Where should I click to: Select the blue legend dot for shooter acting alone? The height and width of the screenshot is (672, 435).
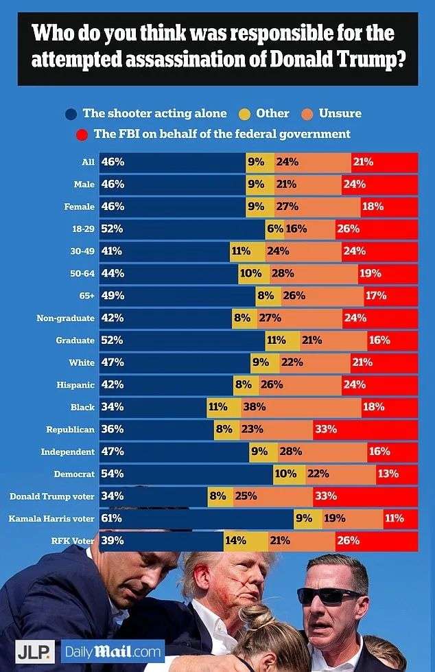click(x=71, y=114)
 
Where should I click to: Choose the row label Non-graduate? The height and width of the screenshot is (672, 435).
click(x=66, y=318)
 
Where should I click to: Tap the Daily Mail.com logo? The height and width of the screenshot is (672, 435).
click(x=113, y=649)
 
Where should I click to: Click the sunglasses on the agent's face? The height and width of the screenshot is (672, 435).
click(x=330, y=595)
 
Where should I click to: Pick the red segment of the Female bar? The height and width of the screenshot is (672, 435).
click(x=389, y=206)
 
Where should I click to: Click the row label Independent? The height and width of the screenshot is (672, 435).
click(x=68, y=451)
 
